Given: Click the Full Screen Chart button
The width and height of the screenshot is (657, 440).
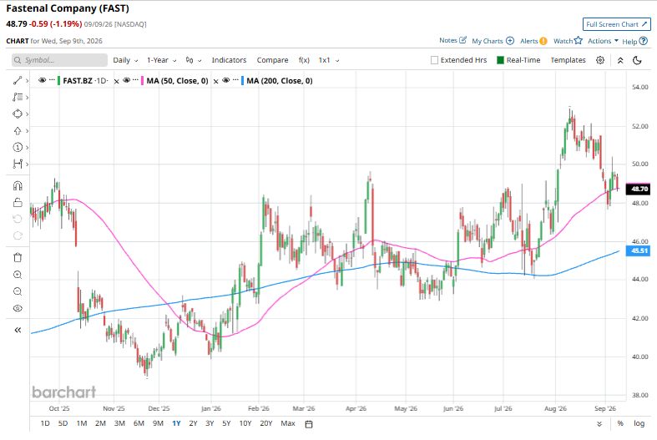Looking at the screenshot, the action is [x=616, y=24].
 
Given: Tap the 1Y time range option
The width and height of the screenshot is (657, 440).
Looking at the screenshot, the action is [x=176, y=423].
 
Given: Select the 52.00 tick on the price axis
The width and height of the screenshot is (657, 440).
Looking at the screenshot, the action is [x=639, y=126].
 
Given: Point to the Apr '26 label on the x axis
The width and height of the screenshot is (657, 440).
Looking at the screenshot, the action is [x=356, y=408].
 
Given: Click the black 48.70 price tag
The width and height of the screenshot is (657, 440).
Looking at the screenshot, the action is [x=638, y=189].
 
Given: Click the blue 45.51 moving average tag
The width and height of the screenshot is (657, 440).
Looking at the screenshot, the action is [x=638, y=250].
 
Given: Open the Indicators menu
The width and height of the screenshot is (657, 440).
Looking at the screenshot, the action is [x=229, y=60].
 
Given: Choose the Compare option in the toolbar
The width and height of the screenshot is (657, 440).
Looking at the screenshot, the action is [x=272, y=60].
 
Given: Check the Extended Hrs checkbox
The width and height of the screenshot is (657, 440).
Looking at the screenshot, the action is [x=434, y=60].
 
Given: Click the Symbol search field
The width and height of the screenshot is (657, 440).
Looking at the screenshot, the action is [x=59, y=60].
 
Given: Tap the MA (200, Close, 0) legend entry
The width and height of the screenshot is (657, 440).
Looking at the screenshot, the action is [x=280, y=80].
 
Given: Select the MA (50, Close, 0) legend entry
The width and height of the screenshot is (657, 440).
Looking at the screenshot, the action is [x=177, y=80].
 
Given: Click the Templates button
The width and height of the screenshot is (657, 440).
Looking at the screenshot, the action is [x=568, y=60].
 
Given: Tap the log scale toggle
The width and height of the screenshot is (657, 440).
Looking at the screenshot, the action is [x=639, y=423].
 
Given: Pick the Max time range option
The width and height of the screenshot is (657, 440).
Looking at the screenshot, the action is [x=288, y=423].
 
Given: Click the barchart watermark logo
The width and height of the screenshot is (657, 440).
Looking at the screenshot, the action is [x=64, y=392].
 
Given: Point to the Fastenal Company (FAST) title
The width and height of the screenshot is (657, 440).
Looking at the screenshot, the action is [x=68, y=8].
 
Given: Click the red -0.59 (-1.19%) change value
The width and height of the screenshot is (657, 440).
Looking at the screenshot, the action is [x=56, y=24].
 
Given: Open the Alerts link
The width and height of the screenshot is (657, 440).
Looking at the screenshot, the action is [x=533, y=41].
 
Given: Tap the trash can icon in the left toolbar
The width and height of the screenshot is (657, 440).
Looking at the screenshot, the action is [x=18, y=257].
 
